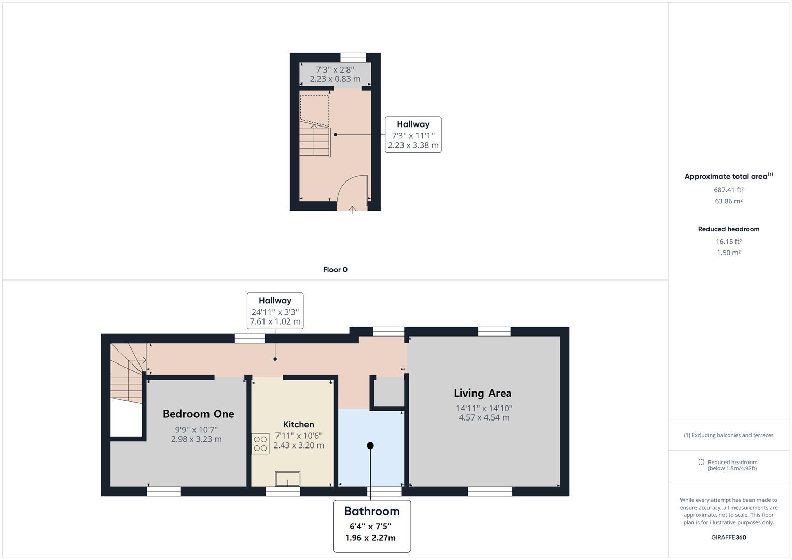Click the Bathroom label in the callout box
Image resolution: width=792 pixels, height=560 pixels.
click(372, 511)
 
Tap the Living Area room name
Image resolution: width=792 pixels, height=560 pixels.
click(482, 393)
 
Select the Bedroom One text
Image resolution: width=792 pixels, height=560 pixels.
click(198, 414)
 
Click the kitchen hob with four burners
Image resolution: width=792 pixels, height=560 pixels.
click(260, 444)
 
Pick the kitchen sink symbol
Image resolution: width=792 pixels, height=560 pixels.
click(287, 479)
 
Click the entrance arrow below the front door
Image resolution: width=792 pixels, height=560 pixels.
click(352, 209)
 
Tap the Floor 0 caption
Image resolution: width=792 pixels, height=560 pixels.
click(335, 270)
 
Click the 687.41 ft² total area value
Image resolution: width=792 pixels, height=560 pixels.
click(728, 190)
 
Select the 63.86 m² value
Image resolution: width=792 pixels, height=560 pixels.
click(728, 201)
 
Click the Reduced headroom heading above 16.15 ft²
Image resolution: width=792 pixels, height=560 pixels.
click(728, 229)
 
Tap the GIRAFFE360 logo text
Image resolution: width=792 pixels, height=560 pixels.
click(728, 537)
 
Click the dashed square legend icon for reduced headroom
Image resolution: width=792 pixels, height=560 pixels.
click(701, 462)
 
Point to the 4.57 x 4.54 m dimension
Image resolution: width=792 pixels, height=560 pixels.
click(483, 417)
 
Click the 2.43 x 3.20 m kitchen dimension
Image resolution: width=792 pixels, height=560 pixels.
click(299, 445)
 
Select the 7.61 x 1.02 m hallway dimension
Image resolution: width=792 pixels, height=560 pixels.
click(275, 322)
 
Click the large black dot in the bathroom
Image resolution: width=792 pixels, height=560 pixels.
click(370, 445)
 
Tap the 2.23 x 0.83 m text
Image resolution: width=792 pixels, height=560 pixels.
click(335, 79)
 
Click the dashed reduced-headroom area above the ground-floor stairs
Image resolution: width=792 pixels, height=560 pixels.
click(314, 109)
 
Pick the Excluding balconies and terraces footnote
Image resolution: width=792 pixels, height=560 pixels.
click(728, 435)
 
